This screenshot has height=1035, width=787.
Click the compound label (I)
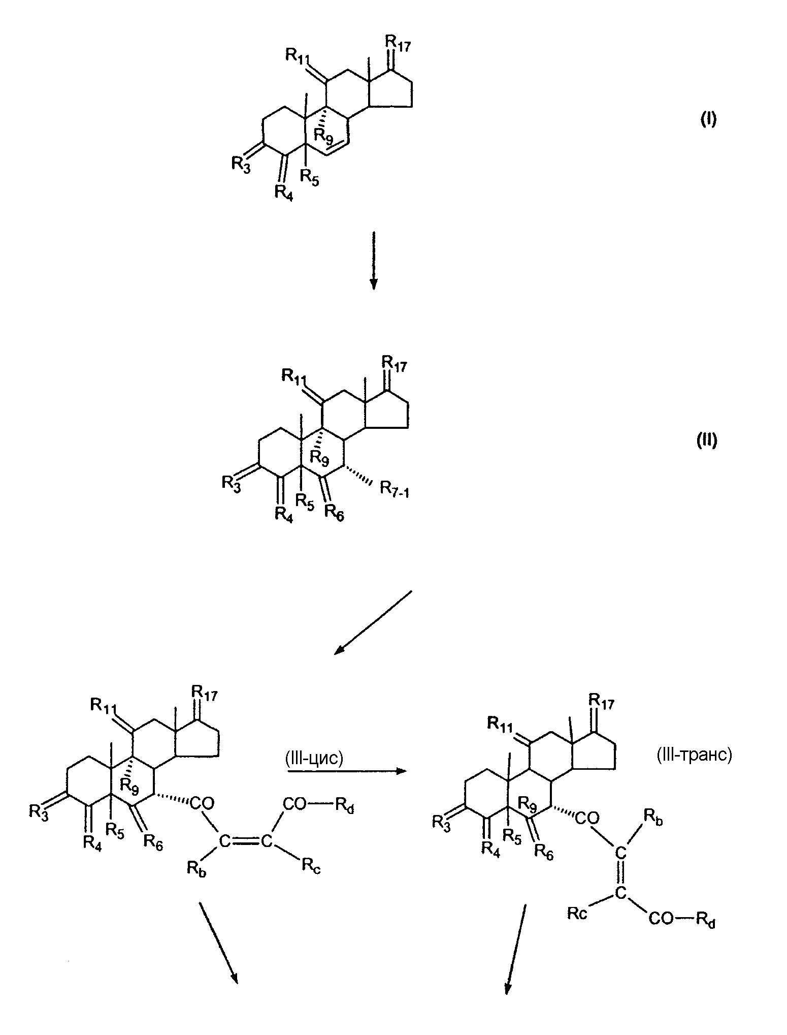[x=708, y=119]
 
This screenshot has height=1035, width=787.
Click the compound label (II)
[x=707, y=441]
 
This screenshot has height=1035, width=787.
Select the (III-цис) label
[x=315, y=759]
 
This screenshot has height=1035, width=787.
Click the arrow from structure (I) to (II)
[x=373, y=261]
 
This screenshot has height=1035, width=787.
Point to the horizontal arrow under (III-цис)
[x=347, y=771]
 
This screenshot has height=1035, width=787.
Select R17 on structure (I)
[x=398, y=43]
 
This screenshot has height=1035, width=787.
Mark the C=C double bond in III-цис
[x=245, y=841]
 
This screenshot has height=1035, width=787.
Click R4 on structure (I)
[x=284, y=193]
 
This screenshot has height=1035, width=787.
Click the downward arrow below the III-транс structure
[x=515, y=949]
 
